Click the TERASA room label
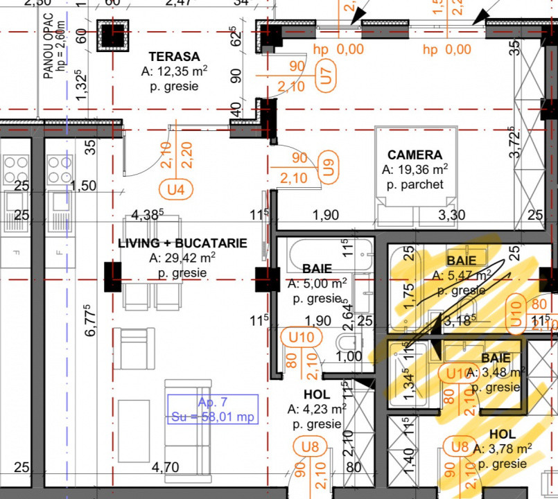coord(175,57)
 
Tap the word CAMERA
coord(415,155)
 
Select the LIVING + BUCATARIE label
coord(182,243)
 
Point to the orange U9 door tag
coord(328,167)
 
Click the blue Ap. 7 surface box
coord(213,409)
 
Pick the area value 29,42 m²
coord(182,259)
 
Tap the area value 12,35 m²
coord(175,72)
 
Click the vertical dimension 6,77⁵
coord(89,321)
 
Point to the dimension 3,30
coord(451,216)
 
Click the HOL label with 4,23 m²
coord(317,394)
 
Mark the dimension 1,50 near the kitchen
coord(83,186)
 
